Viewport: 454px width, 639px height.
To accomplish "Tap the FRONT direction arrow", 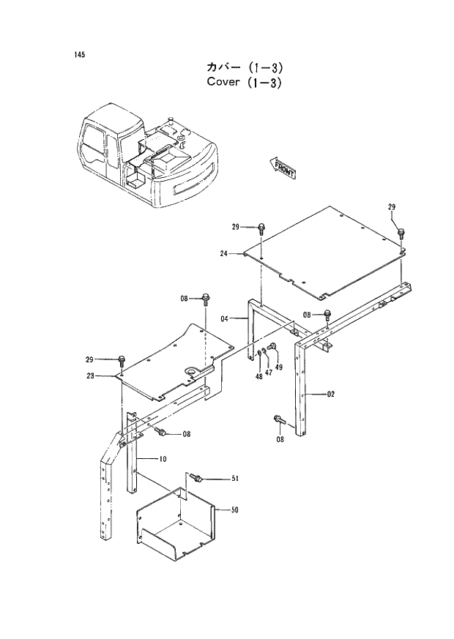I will [283, 168].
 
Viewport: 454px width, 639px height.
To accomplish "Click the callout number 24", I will [224, 254].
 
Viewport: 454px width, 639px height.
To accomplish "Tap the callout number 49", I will [278, 367].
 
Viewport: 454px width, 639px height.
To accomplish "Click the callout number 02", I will [330, 395].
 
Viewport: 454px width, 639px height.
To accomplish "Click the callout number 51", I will [236, 479].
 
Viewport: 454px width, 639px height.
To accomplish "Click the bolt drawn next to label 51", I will [196, 477].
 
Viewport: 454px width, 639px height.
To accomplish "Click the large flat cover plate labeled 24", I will [330, 249].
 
